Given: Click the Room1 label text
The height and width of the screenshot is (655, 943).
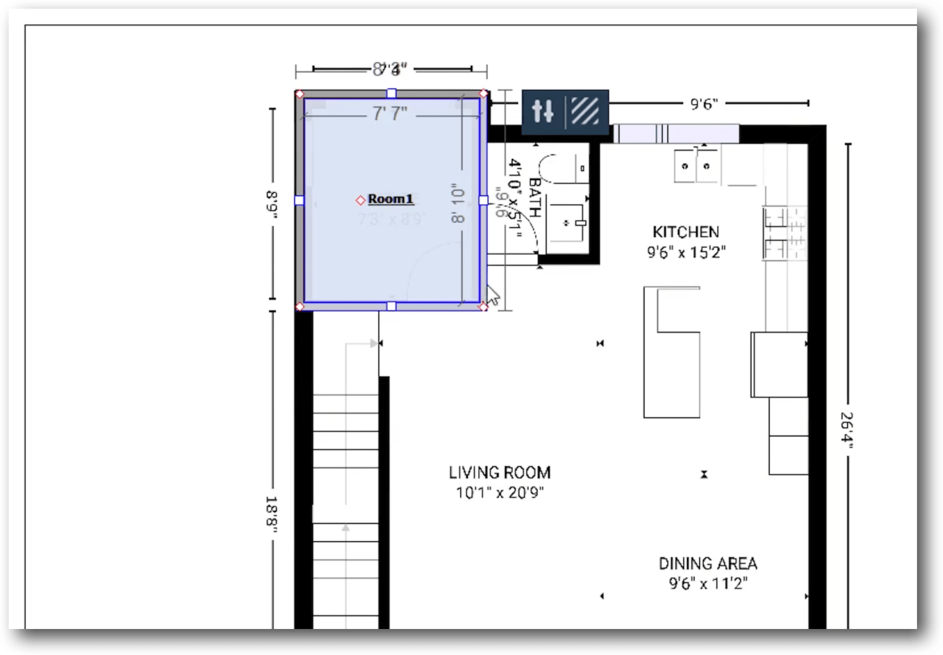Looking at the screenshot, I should [x=391, y=199].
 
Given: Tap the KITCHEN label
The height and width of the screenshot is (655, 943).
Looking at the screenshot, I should [x=686, y=232].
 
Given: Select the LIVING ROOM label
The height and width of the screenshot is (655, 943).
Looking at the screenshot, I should [x=499, y=472].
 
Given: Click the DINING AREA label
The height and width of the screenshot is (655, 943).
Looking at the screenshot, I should [x=708, y=563].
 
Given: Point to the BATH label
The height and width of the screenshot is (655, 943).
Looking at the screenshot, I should [x=535, y=197].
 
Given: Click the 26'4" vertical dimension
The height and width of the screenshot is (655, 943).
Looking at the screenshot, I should [x=847, y=430].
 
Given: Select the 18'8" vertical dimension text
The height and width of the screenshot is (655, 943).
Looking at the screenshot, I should [x=272, y=514].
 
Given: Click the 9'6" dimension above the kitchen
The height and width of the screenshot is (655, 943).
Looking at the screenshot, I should [x=704, y=104].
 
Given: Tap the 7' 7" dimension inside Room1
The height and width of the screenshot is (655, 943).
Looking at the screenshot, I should [x=390, y=114].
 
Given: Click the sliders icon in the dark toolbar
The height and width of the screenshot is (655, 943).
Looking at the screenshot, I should [x=543, y=111].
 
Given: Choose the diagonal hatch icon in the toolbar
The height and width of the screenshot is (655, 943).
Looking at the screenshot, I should [x=585, y=111].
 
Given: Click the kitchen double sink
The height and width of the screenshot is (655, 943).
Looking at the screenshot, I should [x=695, y=166].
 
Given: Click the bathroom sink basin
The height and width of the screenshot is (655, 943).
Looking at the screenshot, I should [x=567, y=223].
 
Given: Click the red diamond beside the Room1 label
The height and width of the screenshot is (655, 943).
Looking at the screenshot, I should [x=360, y=200].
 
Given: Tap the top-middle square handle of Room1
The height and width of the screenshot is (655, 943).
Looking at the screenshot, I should [x=392, y=93].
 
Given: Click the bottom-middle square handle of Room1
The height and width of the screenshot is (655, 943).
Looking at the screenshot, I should [x=392, y=306].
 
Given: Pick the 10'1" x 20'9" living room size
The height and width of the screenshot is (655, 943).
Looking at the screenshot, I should [x=499, y=493].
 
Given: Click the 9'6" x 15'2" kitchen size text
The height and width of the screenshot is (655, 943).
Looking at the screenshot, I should [x=686, y=252].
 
